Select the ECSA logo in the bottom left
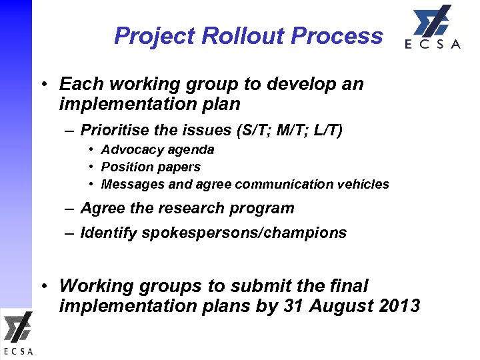pos(17,333)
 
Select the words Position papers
pos(151,167)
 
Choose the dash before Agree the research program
pos(69,208)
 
